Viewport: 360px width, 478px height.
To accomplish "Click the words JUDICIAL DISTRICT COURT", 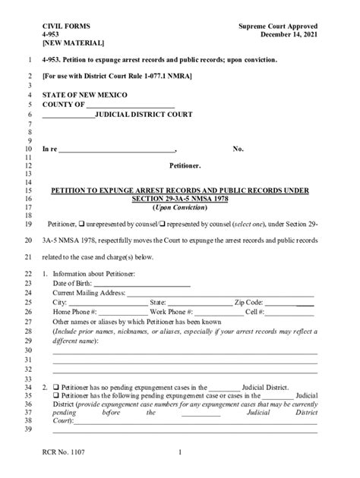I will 144,115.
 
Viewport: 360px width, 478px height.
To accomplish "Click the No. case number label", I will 238,149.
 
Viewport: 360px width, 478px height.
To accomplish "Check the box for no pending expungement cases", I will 55,386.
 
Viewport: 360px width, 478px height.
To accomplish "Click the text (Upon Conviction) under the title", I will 179,208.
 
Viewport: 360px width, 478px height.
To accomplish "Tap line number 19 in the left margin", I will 27,225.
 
